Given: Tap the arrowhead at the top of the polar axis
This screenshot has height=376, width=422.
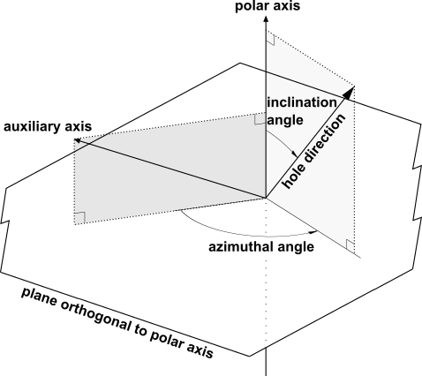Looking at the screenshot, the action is click(x=266, y=19).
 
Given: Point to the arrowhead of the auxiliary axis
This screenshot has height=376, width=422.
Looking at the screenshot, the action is click(x=77, y=140).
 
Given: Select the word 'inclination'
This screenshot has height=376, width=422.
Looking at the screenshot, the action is click(x=302, y=102).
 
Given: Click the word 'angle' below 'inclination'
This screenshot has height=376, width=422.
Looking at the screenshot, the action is click(x=285, y=120).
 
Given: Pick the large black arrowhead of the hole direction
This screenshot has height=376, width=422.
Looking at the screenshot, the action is click(x=349, y=93).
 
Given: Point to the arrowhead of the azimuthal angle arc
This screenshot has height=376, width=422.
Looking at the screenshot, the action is click(x=314, y=233).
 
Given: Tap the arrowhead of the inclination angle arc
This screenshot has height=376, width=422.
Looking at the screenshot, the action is click(x=294, y=154).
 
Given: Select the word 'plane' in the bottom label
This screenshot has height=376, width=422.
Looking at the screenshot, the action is click(x=39, y=297).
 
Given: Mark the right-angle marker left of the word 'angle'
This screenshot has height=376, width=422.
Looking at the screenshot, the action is click(x=260, y=119).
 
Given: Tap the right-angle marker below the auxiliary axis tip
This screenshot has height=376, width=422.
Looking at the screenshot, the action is click(x=80, y=218).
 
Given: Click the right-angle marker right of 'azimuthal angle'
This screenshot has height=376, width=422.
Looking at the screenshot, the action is click(x=350, y=244).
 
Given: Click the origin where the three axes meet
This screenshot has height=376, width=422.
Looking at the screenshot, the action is click(x=266, y=198).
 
